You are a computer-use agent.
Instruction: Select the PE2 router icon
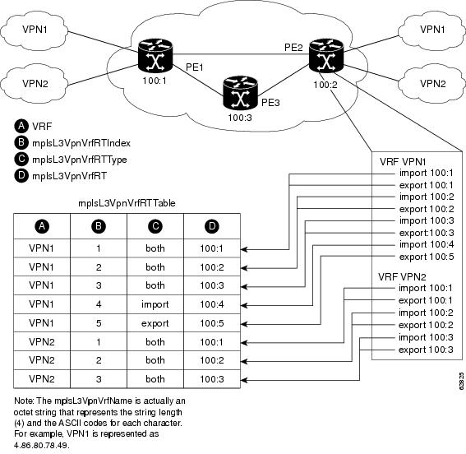pyautogui.click(x=325, y=53)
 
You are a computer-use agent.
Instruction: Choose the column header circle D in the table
pyautogui.click(x=211, y=225)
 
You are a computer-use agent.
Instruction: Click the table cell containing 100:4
pyautogui.click(x=211, y=303)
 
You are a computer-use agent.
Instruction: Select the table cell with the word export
pyautogui.click(x=155, y=322)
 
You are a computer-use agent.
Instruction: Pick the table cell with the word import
pyautogui.click(x=155, y=303)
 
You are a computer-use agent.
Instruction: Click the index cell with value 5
pyautogui.click(x=99, y=322)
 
